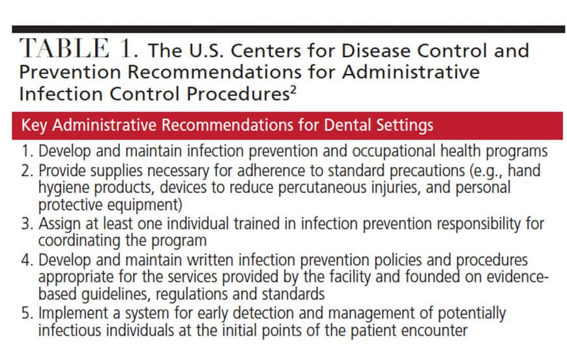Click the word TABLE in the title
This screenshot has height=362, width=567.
coord(64,48)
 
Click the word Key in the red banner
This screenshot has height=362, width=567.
coord(35,125)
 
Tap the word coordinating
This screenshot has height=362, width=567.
coord(80,241)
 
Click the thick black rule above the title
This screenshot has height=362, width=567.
coord(288,29)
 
